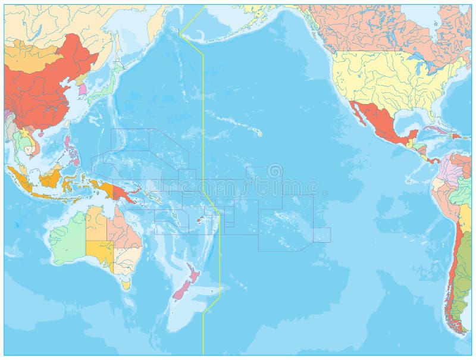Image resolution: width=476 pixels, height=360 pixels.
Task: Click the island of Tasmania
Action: pyautogui.click(x=126, y=285)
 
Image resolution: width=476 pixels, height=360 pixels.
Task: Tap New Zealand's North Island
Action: pyautogui.click(x=193, y=273)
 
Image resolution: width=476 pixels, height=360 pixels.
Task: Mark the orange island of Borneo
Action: pyautogui.click(x=50, y=176)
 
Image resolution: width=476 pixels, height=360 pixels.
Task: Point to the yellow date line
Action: pyautogui.click(x=203, y=119)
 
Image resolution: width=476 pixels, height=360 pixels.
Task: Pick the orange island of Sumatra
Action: pyautogui.click(x=17, y=177)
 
